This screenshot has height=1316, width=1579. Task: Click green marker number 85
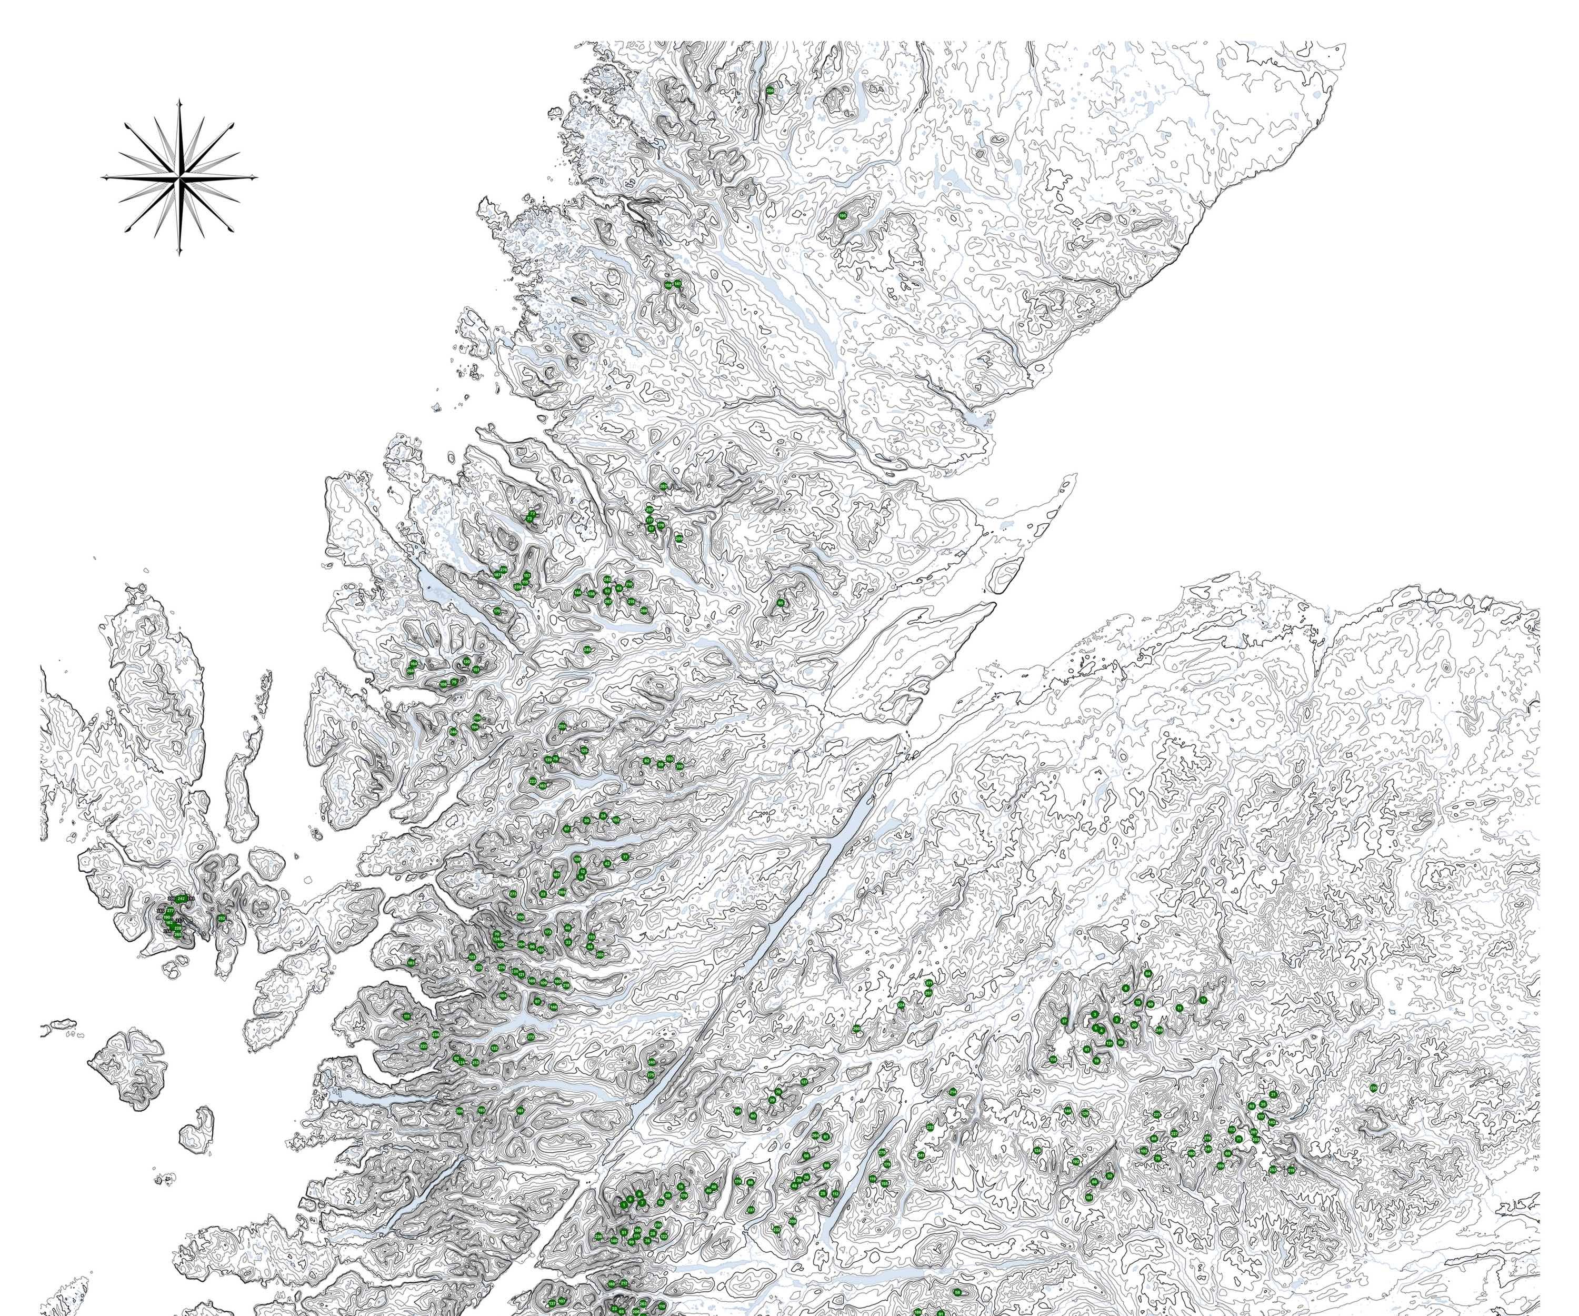point(781,602)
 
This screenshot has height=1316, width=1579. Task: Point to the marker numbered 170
point(497,611)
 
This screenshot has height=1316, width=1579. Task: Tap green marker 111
point(407,1016)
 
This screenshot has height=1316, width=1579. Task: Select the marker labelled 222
point(423,1046)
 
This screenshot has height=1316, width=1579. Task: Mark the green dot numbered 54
point(1148,973)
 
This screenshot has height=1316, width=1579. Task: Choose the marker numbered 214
point(953,1091)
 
